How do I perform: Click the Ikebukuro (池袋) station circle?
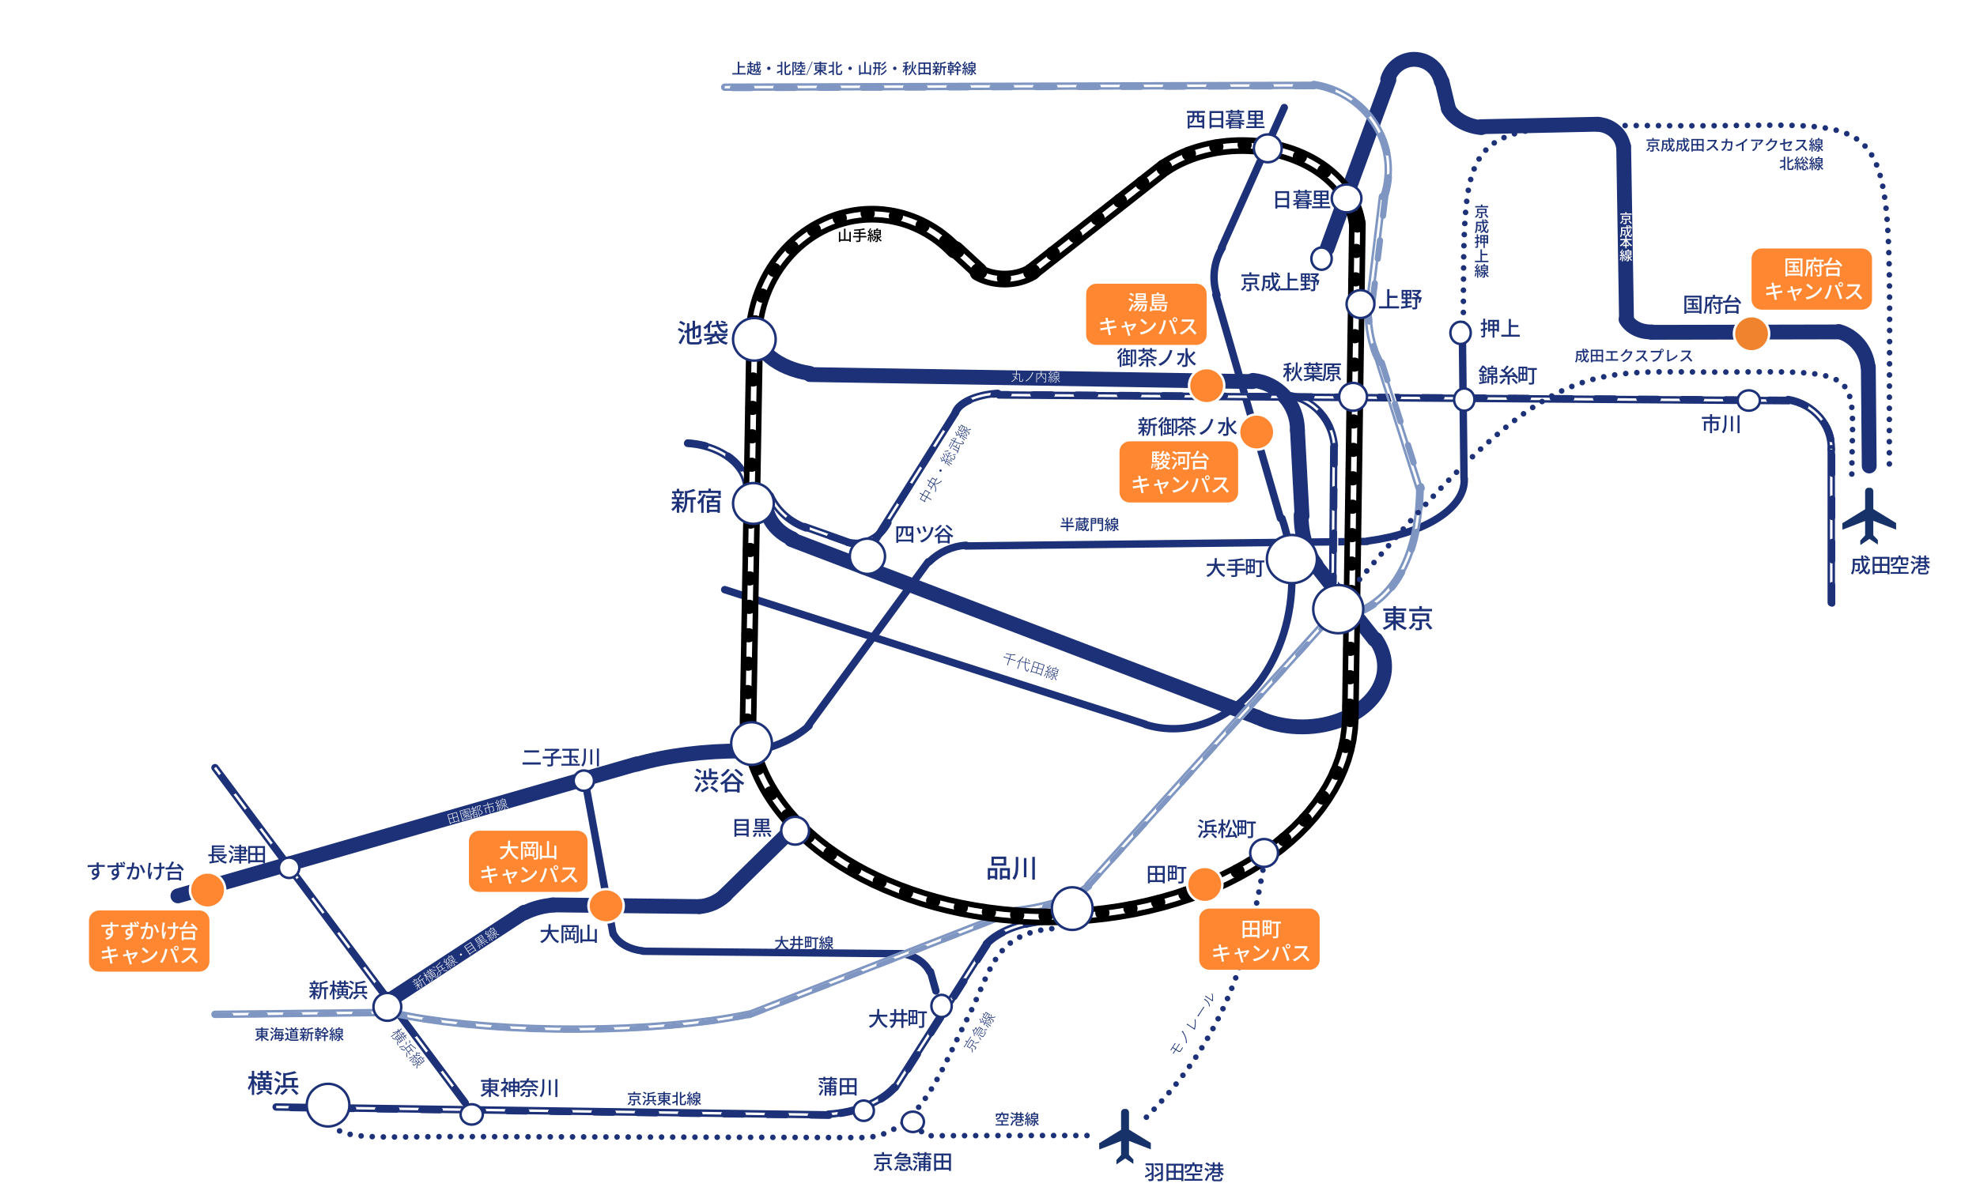click(754, 340)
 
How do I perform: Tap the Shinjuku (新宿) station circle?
click(752, 503)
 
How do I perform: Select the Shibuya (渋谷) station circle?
click(750, 743)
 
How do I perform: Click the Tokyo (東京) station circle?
click(1337, 609)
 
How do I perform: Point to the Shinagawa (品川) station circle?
click(1071, 908)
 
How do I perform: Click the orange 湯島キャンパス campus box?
click(1145, 315)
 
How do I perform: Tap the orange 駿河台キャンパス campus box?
click(1178, 473)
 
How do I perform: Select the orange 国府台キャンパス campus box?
click(1811, 279)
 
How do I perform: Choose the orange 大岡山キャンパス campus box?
click(527, 861)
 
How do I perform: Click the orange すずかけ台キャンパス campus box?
click(149, 941)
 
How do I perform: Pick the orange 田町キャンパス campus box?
click(1258, 940)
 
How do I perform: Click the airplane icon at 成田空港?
click(1868, 516)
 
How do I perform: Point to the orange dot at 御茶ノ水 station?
click(1206, 386)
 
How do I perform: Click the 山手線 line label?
click(860, 236)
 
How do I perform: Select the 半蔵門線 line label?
click(1089, 524)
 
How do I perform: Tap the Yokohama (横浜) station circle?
click(328, 1105)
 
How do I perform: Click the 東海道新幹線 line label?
click(299, 1035)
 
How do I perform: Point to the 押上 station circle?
click(1460, 332)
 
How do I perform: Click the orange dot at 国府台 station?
click(1750, 334)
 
